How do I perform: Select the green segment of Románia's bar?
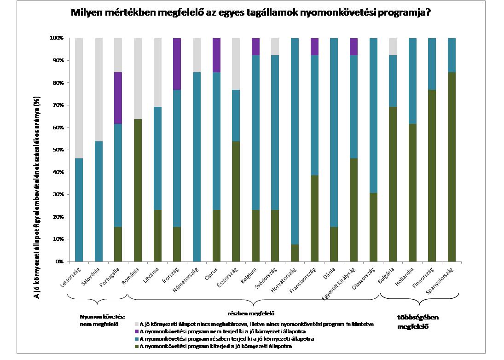(x=138, y=191)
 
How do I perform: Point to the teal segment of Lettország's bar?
(x=79, y=210)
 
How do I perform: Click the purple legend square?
(x=136, y=331)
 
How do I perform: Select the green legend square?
(x=136, y=346)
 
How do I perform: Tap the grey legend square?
(x=136, y=324)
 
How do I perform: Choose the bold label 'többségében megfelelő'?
(x=417, y=322)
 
